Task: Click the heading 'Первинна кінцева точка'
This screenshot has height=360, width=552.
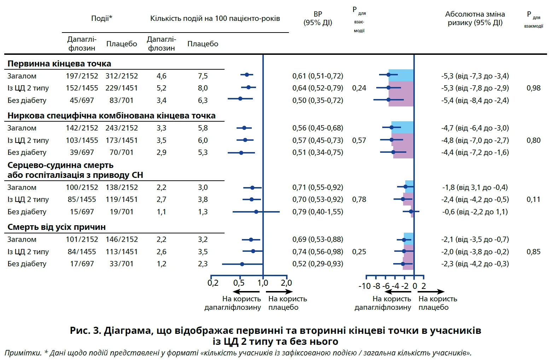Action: (59, 64)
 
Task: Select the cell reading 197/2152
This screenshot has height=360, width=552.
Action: (82, 76)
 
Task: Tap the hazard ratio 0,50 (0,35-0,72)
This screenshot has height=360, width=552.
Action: (318, 100)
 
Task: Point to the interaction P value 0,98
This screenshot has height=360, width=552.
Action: (533, 88)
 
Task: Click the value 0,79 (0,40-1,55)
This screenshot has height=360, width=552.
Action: (318, 212)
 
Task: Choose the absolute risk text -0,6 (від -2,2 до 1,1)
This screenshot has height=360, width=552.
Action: (475, 212)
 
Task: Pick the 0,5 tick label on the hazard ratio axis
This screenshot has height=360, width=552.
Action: (239, 283)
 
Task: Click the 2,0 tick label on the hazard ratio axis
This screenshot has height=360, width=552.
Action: (286, 283)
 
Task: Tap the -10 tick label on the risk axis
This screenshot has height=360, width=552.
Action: (364, 286)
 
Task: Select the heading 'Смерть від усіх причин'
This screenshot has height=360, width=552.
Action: (57, 227)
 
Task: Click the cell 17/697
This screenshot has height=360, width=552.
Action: (82, 264)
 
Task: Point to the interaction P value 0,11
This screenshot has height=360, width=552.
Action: (533, 199)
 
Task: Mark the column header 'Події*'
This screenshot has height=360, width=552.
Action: (101, 18)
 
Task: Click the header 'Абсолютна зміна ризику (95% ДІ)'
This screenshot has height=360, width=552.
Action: (475, 18)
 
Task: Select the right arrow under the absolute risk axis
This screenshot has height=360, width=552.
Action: (431, 292)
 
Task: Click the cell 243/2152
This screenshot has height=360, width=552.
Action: (121, 128)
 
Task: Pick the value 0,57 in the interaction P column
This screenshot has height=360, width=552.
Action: (359, 140)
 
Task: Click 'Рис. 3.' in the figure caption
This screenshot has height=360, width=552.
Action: (85, 331)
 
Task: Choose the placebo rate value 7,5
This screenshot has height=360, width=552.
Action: (203, 76)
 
